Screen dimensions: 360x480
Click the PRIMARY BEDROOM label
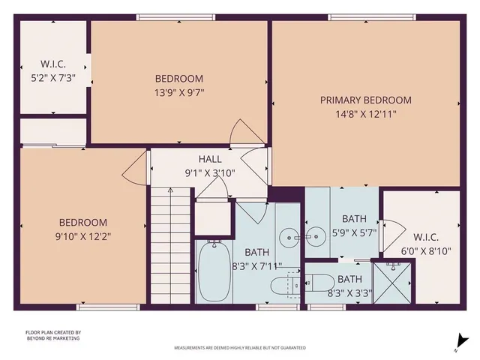click(x=366, y=100)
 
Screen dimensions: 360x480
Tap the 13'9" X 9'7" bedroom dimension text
click(x=179, y=93)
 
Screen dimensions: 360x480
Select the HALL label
click(x=210, y=159)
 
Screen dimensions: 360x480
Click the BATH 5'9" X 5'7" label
click(x=355, y=225)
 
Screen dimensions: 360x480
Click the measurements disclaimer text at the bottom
click(x=239, y=348)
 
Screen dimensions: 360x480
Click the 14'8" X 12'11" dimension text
click(x=366, y=114)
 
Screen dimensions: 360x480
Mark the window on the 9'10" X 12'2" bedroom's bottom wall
click(x=98, y=307)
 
